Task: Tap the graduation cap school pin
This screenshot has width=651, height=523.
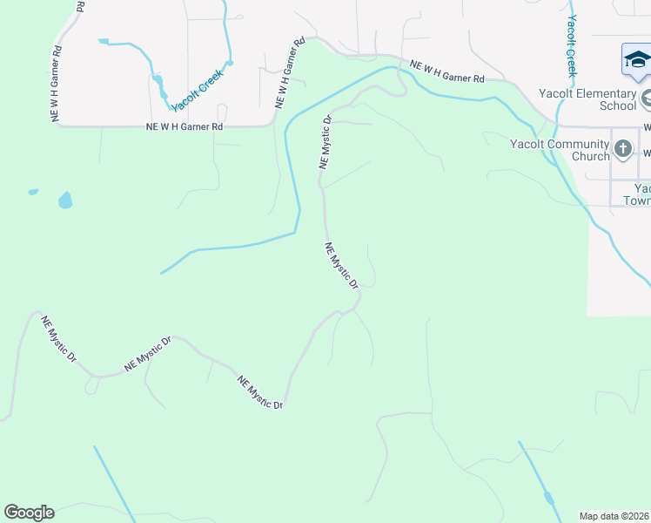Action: point(636,61)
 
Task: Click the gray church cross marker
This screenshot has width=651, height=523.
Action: point(622,149)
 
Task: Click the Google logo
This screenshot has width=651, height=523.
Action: point(29,513)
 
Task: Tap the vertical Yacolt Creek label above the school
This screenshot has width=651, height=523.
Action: point(572,45)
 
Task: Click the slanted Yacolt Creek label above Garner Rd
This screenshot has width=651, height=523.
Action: point(198,90)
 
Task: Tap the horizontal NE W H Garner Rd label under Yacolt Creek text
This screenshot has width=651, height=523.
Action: point(185,127)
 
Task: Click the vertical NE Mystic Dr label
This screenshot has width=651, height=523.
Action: point(326,141)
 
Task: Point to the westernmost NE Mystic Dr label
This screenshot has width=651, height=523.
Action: point(59,339)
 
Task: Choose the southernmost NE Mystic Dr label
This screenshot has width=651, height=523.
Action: point(260,392)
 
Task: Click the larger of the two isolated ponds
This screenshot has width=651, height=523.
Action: point(65,200)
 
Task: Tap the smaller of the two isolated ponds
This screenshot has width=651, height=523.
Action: point(33,192)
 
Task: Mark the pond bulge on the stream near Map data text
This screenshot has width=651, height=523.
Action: point(548,499)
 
